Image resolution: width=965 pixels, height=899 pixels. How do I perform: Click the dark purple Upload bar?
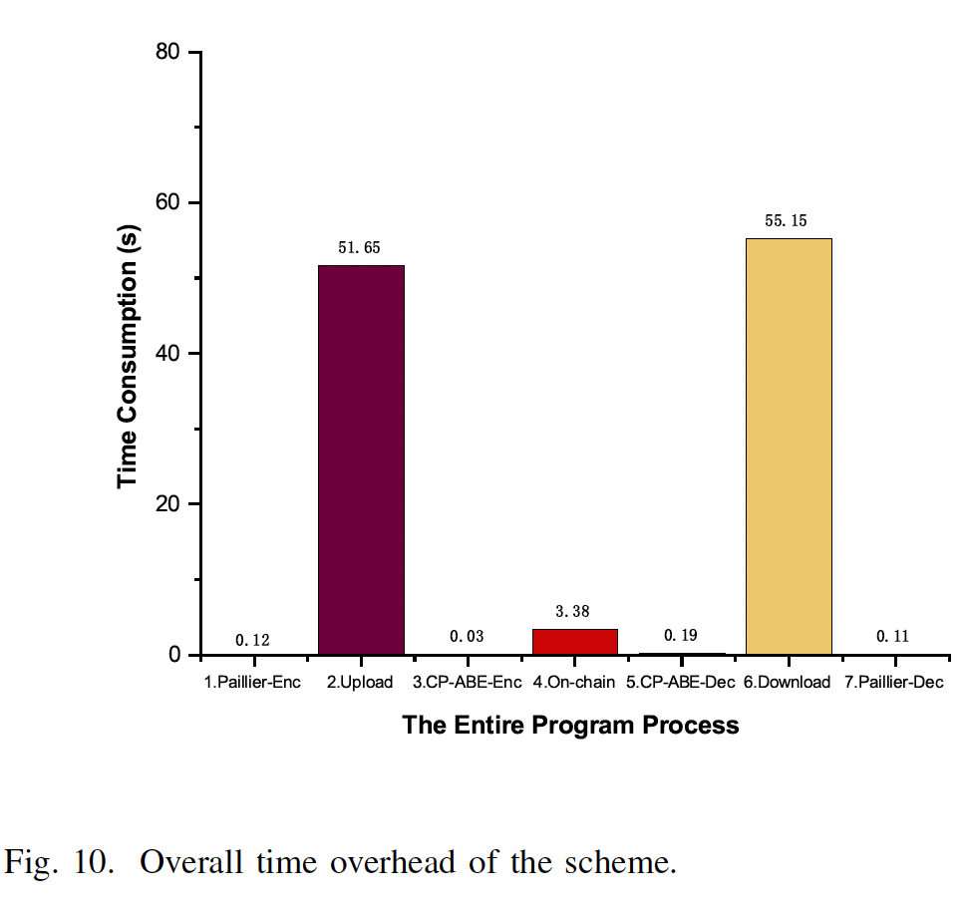[x=361, y=459]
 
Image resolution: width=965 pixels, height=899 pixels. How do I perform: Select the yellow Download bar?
[x=789, y=447]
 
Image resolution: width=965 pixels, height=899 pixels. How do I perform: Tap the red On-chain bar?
[x=575, y=641]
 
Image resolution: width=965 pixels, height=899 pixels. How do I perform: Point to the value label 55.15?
[x=787, y=220]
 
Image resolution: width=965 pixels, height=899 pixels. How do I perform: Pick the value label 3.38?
[x=574, y=612]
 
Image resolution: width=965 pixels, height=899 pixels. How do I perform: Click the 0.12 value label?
[x=253, y=640]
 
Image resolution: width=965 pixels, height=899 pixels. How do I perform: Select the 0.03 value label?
[x=467, y=636]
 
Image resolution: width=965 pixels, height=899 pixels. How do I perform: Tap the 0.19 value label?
[x=681, y=635]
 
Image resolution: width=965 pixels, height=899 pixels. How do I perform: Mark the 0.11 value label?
[x=893, y=636]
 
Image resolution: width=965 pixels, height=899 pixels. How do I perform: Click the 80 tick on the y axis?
[x=168, y=52]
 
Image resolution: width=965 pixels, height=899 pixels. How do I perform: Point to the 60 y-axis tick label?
[x=168, y=202]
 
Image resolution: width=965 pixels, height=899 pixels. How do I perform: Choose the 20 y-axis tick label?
[x=168, y=504]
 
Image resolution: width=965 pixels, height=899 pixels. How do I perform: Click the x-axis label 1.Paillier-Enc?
[x=252, y=683]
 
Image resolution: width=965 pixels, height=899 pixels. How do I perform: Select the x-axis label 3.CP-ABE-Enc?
[x=467, y=683]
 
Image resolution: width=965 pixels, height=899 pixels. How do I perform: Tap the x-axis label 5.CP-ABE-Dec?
[x=681, y=683]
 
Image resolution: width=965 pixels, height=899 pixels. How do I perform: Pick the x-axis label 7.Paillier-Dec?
[x=894, y=683]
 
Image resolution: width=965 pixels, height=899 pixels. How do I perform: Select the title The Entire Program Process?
[x=570, y=725]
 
